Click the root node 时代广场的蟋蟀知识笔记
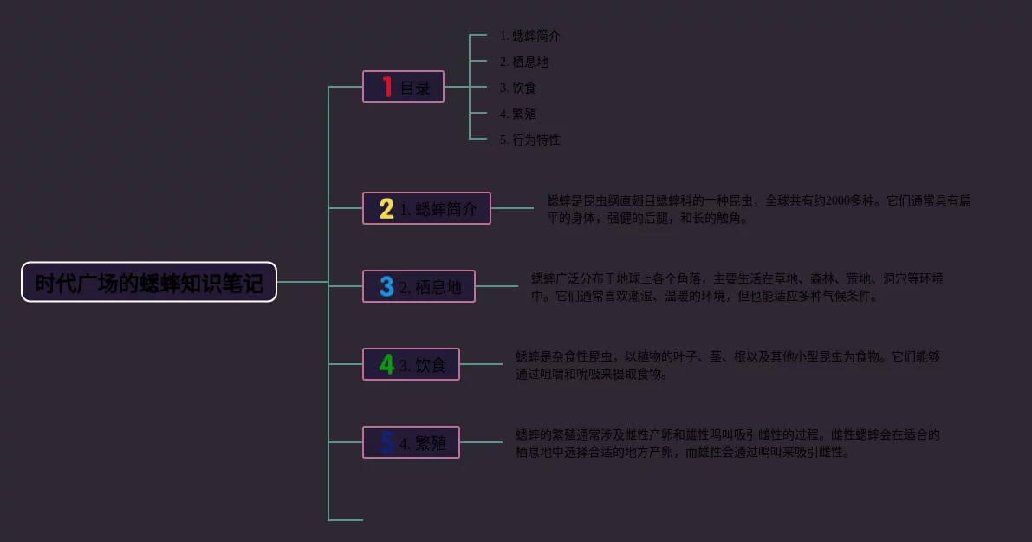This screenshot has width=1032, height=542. (x=149, y=282)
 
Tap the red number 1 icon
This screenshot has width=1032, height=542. (x=386, y=87)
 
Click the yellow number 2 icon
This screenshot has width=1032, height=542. (x=386, y=208)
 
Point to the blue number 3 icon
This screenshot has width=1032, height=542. (x=386, y=286)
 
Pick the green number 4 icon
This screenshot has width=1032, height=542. (x=386, y=364)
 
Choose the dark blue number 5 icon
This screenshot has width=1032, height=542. (x=386, y=442)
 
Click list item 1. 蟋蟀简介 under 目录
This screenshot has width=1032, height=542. (x=529, y=36)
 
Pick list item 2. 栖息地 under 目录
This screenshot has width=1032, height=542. (x=523, y=62)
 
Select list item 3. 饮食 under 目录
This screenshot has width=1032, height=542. (x=517, y=88)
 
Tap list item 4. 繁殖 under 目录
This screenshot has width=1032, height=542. (x=517, y=114)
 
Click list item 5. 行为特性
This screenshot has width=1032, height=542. (x=529, y=140)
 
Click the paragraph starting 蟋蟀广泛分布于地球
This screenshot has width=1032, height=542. (x=737, y=287)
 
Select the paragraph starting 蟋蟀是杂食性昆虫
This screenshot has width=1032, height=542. (x=728, y=365)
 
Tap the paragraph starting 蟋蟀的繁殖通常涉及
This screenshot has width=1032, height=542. (x=728, y=443)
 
